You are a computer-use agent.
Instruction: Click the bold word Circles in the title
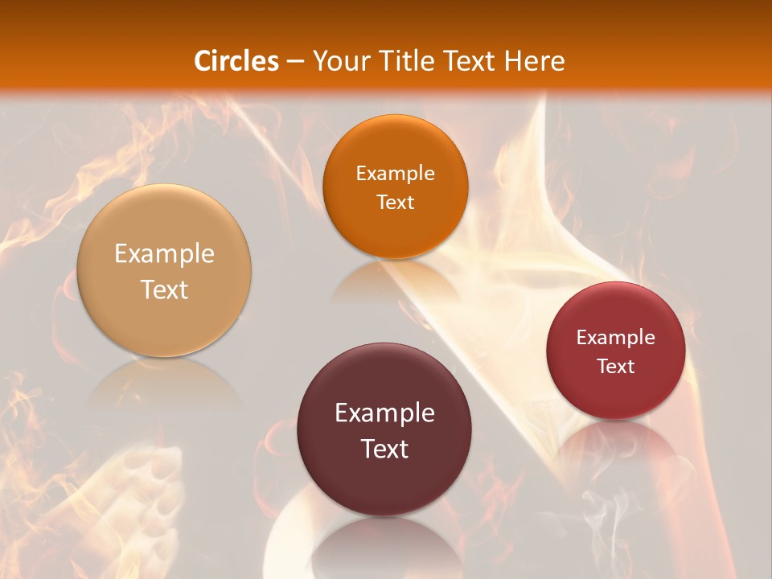[x=236, y=61]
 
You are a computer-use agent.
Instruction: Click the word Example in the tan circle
[x=164, y=254]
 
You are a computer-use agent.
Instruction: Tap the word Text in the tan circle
[x=164, y=289]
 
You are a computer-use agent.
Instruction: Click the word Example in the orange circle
[x=395, y=174]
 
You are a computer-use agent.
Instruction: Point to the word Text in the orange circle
[x=395, y=202]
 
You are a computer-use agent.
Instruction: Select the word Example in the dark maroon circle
[x=384, y=413]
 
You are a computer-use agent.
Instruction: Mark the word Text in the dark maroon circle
[x=384, y=449]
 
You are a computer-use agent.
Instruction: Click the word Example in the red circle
[x=616, y=338]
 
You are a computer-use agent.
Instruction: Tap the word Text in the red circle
[x=616, y=366]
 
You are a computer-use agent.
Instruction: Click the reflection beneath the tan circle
[x=164, y=382]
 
